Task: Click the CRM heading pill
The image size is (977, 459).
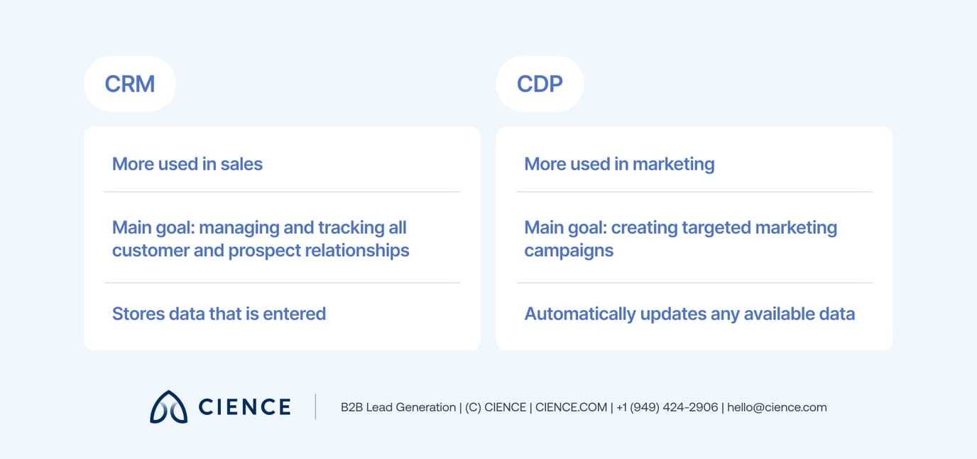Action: click(129, 84)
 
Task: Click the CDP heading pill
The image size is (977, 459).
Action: click(540, 84)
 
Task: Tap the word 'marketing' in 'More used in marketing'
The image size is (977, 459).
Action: click(673, 164)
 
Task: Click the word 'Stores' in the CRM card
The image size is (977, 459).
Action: click(138, 314)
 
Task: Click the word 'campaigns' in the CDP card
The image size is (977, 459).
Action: click(569, 250)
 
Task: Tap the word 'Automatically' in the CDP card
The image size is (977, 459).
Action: click(579, 314)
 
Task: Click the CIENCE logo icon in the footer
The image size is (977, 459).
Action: click(168, 407)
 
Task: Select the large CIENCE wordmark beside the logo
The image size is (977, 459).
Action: click(244, 407)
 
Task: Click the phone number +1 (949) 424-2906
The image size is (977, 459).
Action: click(667, 407)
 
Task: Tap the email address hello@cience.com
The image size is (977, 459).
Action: click(777, 407)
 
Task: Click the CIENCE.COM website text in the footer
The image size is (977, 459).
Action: click(571, 407)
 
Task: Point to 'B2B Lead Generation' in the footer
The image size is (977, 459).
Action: click(398, 407)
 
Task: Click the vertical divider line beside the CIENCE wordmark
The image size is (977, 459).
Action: click(315, 407)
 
